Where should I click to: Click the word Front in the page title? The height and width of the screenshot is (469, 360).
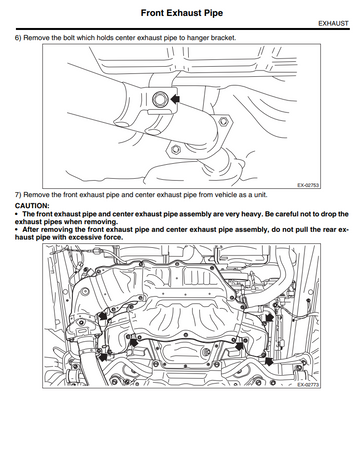[x=152, y=13]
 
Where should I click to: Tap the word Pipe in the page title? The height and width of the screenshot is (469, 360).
[x=212, y=13]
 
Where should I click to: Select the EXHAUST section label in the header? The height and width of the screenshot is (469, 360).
[x=333, y=24]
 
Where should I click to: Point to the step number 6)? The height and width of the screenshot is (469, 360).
[x=18, y=38]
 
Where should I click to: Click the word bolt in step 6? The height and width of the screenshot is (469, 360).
[x=69, y=38]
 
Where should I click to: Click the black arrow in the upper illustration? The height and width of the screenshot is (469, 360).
[x=175, y=99]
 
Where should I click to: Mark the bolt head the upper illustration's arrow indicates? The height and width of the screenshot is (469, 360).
[x=158, y=99]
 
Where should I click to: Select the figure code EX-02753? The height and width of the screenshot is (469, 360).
[x=308, y=185]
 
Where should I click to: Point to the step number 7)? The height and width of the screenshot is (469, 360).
[x=18, y=195]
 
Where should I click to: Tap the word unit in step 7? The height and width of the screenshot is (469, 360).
[x=260, y=195]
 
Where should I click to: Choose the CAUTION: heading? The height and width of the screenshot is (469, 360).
[x=32, y=206]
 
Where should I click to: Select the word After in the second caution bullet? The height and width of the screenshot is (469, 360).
[x=31, y=229]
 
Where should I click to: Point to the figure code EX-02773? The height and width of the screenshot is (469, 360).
[x=308, y=385]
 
